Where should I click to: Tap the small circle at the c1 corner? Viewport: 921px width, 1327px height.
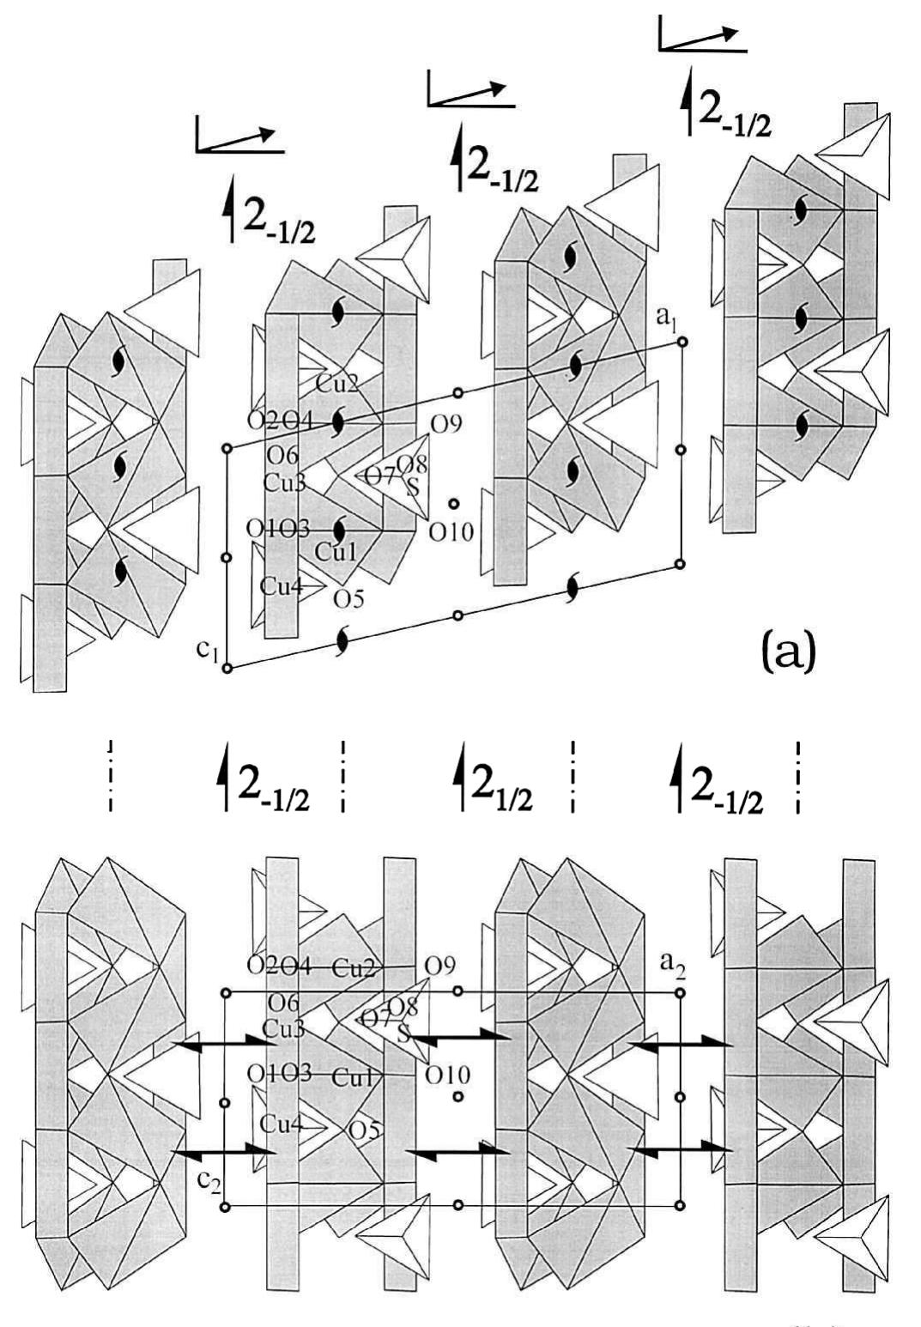click(x=227, y=669)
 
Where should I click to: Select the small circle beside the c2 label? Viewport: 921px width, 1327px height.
click(x=226, y=1207)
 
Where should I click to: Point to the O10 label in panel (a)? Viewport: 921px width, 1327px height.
click(x=451, y=533)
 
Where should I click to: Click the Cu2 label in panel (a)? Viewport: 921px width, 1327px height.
click(x=336, y=384)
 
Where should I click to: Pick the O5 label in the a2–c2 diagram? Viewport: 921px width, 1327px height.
click(x=364, y=1130)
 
